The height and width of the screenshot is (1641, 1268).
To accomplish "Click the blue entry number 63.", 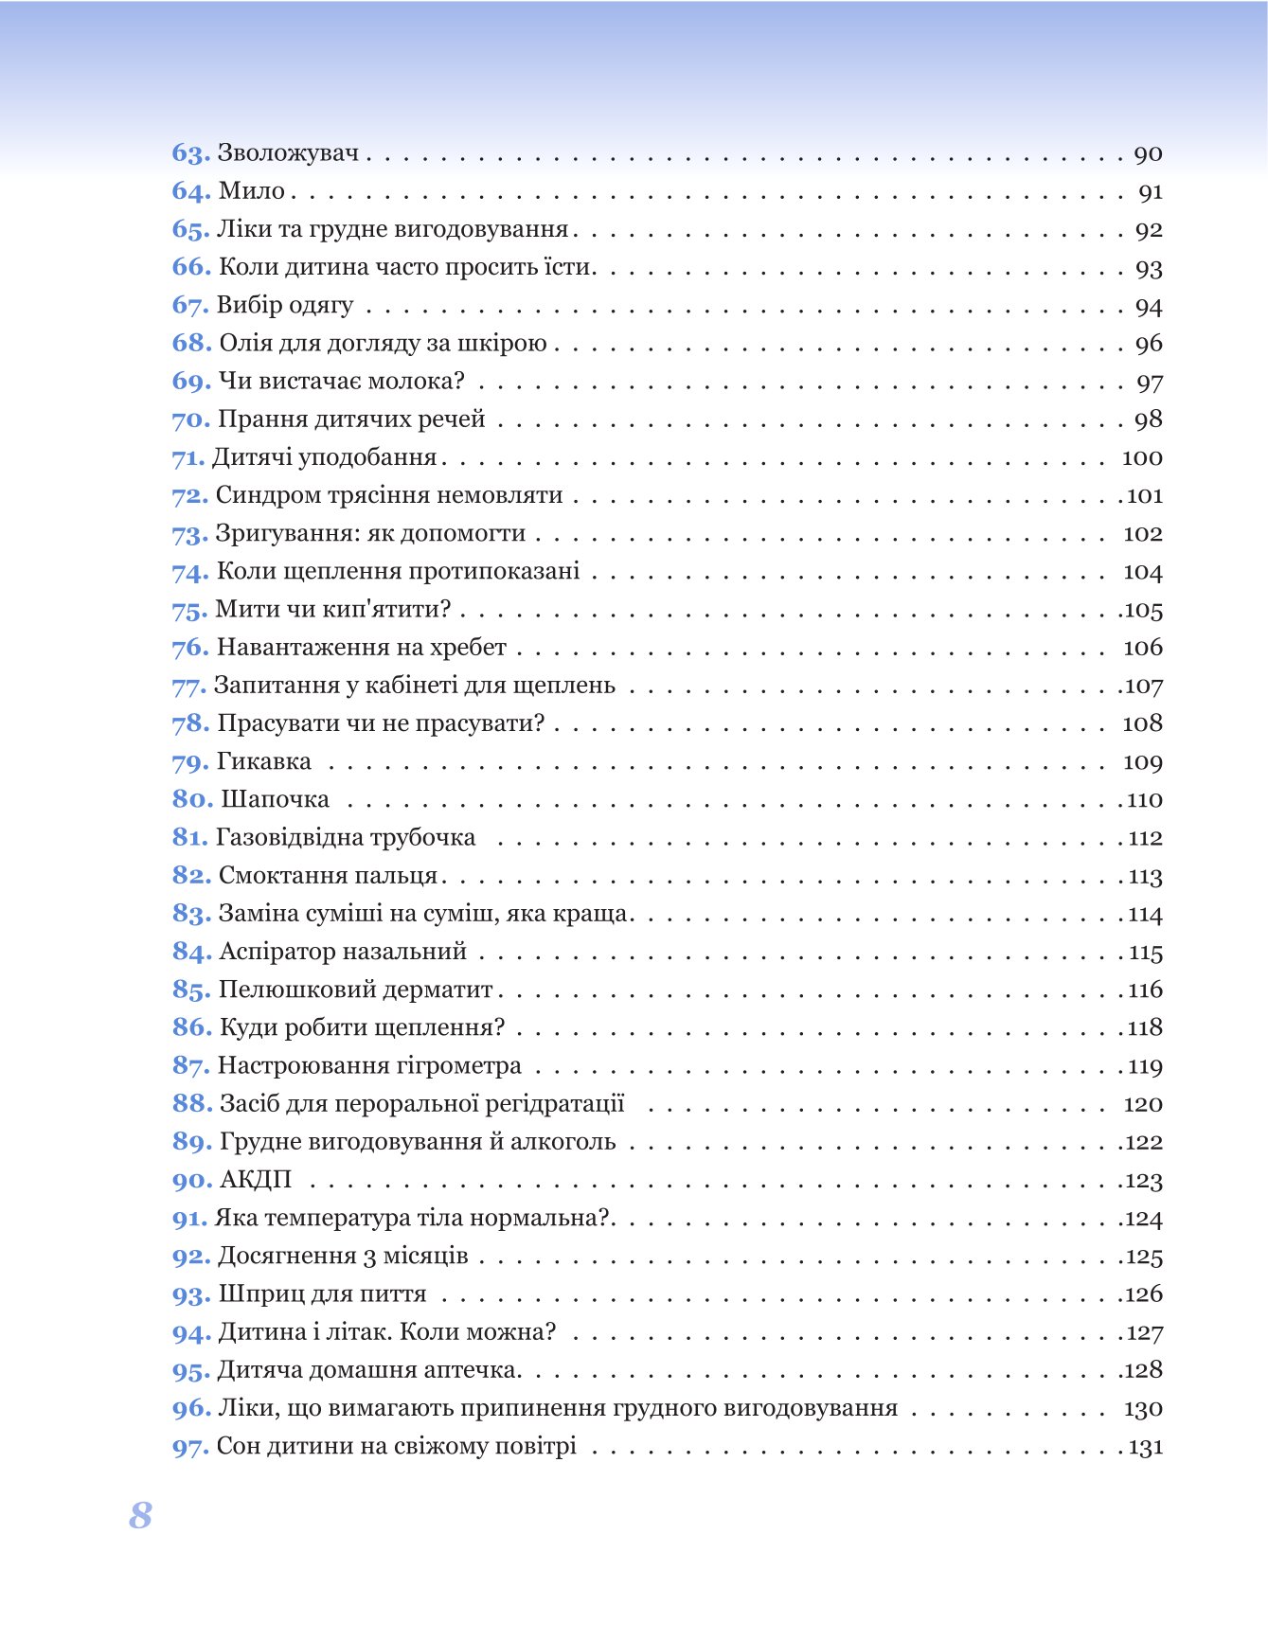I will tap(190, 153).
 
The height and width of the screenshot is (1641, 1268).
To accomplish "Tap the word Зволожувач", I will tap(289, 153).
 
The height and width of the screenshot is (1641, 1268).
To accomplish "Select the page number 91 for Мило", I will tap(1151, 192).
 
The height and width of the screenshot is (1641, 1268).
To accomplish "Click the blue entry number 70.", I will tap(190, 419).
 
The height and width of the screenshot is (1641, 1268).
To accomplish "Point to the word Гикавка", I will tap(264, 761).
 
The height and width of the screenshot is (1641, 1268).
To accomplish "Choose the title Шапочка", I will tap(275, 799).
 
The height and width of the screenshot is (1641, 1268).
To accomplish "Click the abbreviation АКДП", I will tap(256, 1180).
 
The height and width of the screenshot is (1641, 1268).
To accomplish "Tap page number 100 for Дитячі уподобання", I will tap(1142, 457).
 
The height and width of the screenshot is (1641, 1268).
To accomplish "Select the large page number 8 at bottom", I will tap(140, 1515).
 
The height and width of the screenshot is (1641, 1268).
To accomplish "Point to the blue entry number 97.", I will tap(190, 1447).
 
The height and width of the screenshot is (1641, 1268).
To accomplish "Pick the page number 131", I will tap(1146, 1447).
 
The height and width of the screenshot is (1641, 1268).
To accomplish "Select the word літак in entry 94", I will tap(357, 1332).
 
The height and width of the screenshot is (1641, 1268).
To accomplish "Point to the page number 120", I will tap(1143, 1104).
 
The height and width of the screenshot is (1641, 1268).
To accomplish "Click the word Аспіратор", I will tap(277, 952).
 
